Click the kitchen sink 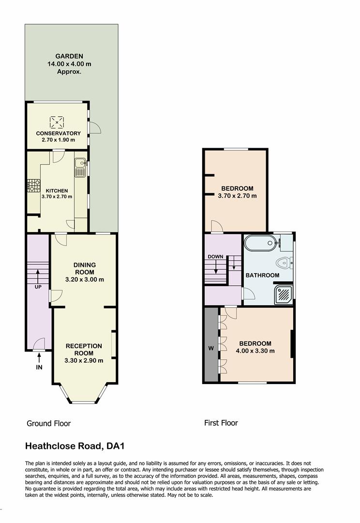pos(80,168)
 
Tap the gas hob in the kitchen pos(34,185)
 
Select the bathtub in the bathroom pos(260,243)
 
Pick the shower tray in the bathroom pos(284,294)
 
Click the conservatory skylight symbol pos(57,122)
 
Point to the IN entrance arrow pos(39,358)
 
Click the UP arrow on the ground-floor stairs pos(38,276)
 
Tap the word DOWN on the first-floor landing pos(215,257)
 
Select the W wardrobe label pos(211,349)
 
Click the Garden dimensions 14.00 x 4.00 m pos(69,64)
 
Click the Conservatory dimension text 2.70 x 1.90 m pos(59,140)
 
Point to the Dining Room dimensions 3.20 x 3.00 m pos(85,279)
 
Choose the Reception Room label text pos(84,350)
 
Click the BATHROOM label pos(262,275)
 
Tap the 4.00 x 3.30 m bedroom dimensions pos(255,351)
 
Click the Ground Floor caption pos(49,424)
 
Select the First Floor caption pos(221,423)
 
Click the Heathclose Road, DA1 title pos(75,446)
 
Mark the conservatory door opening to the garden pos(95,128)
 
